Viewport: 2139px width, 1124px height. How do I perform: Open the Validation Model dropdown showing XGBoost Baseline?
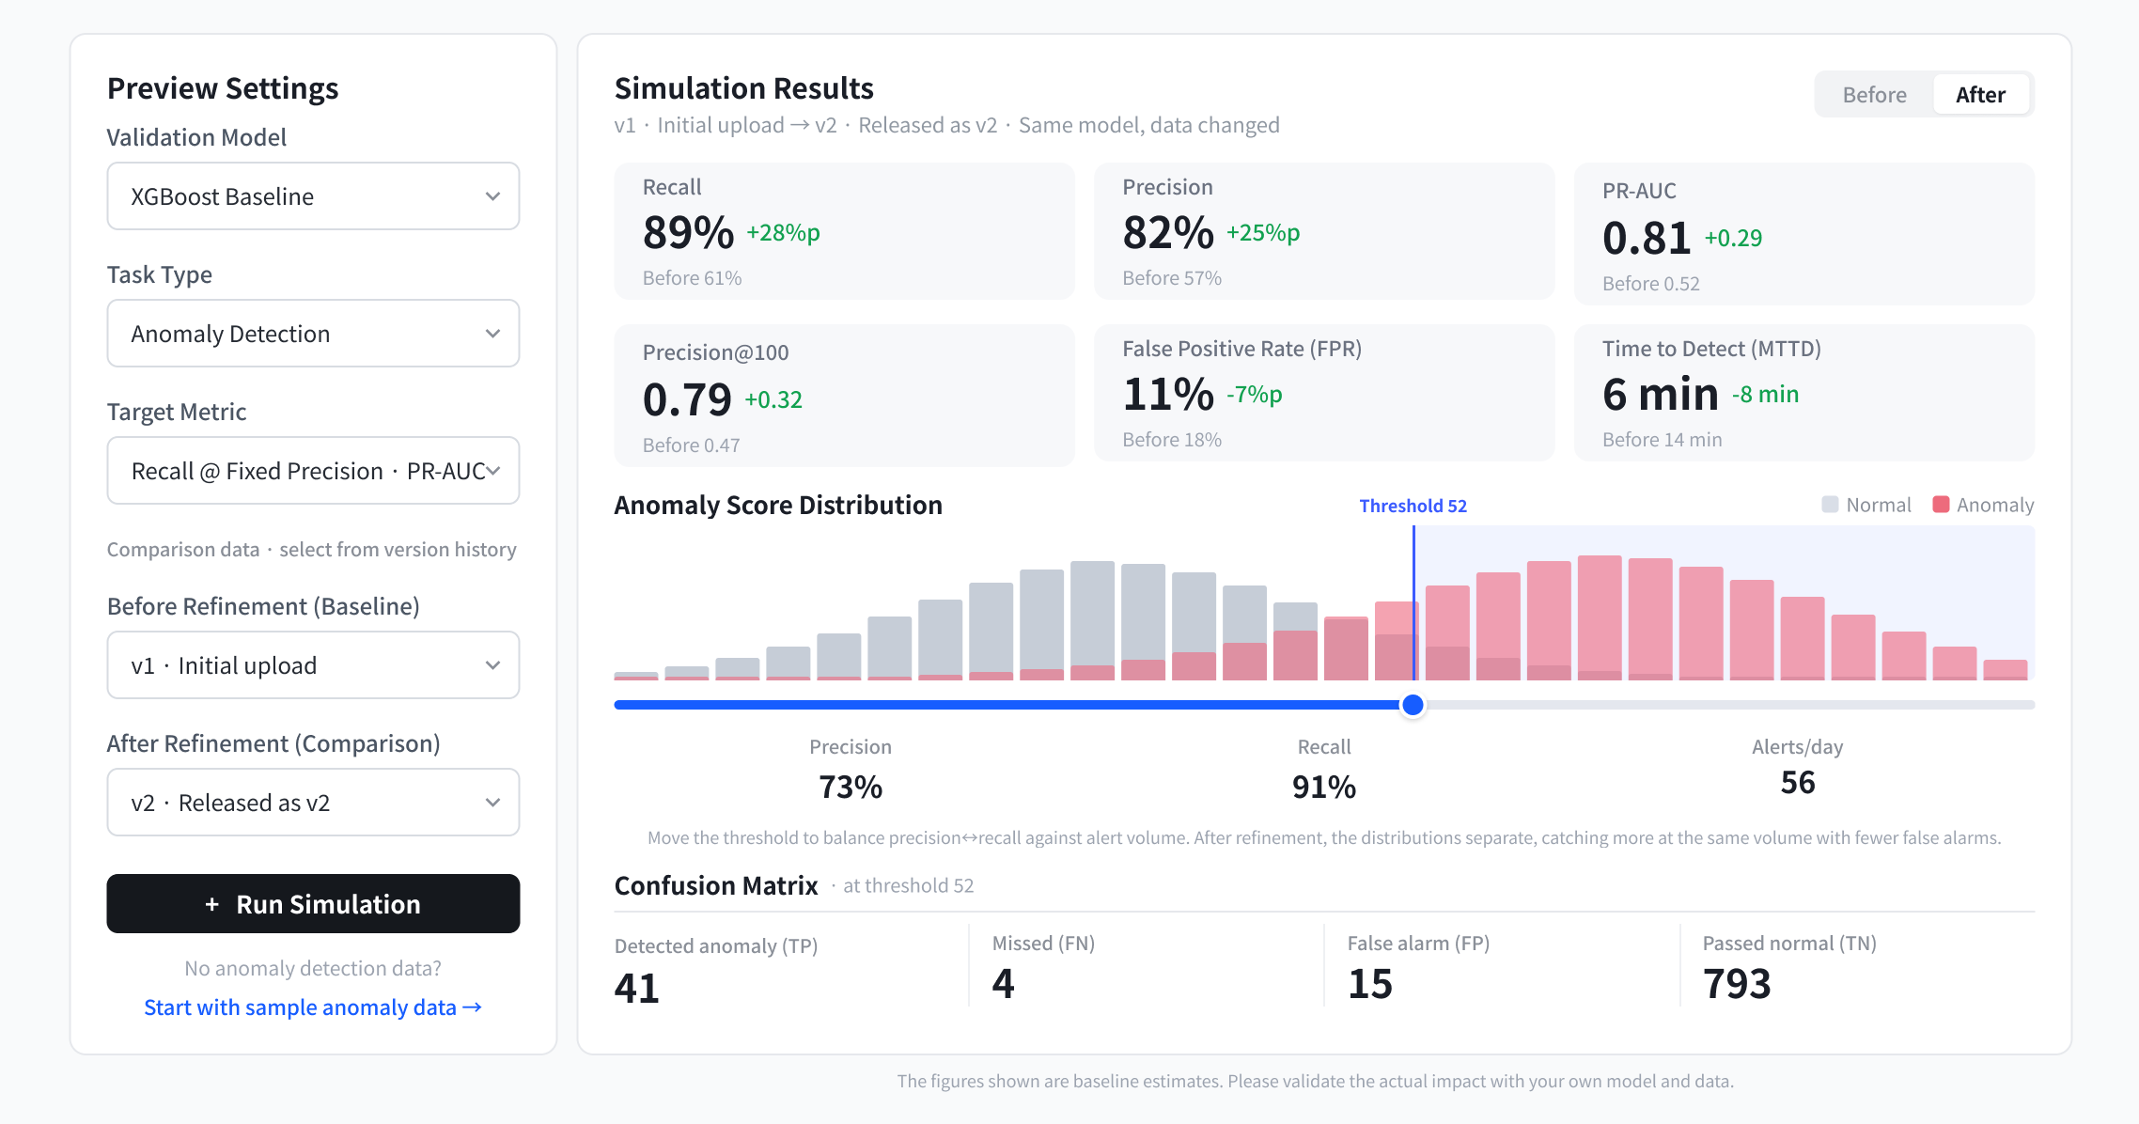[x=313, y=196]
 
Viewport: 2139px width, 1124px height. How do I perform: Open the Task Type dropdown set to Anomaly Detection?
[x=313, y=334]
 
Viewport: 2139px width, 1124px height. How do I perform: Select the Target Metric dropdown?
[x=313, y=471]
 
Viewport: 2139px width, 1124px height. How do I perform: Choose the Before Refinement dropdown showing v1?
[x=313, y=665]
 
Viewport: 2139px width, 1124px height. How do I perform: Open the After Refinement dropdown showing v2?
[x=313, y=803]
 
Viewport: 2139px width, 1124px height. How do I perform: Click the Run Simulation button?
[x=313, y=904]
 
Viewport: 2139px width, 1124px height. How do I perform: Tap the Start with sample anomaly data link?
[x=313, y=1007]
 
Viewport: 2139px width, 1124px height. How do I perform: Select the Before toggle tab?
[x=1875, y=95]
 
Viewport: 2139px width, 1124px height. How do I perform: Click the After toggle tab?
[x=1981, y=95]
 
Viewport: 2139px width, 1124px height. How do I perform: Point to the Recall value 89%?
[x=688, y=233]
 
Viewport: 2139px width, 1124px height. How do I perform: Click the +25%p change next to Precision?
[x=1263, y=233]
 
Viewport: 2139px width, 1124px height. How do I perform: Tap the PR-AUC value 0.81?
[x=1647, y=238]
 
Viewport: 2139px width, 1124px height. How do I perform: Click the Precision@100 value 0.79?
[x=687, y=399]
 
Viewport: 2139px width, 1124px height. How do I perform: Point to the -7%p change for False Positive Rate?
[x=1255, y=395]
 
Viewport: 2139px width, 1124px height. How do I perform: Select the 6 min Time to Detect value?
[x=1661, y=394]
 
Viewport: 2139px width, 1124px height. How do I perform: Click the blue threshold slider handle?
[x=1413, y=705]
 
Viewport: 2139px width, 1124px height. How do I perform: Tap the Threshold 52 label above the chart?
[x=1413, y=506]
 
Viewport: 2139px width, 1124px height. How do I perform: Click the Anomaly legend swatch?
[x=1941, y=505]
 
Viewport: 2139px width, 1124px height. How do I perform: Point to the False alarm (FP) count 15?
[x=1370, y=984]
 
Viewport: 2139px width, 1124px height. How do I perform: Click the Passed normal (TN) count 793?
[x=1737, y=984]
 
